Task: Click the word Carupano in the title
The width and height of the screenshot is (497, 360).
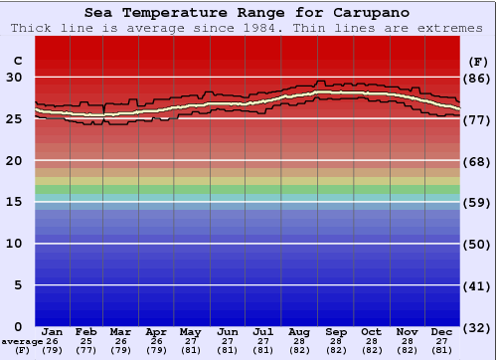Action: [372, 13]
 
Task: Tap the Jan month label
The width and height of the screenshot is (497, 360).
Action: [53, 331]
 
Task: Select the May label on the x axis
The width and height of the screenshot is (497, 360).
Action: [189, 331]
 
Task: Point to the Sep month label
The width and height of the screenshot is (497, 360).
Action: [335, 331]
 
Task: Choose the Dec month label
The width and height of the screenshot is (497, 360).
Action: [442, 331]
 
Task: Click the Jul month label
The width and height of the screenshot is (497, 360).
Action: [263, 331]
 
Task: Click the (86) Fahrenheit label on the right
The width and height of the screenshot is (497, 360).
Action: [477, 78]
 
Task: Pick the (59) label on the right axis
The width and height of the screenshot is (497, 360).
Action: [477, 202]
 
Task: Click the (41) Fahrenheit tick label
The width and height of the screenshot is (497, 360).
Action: [477, 285]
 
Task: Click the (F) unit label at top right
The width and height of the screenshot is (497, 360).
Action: [477, 60]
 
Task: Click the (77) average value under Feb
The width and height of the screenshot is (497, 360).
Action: [87, 350]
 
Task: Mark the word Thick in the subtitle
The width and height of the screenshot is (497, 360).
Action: [30, 28]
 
